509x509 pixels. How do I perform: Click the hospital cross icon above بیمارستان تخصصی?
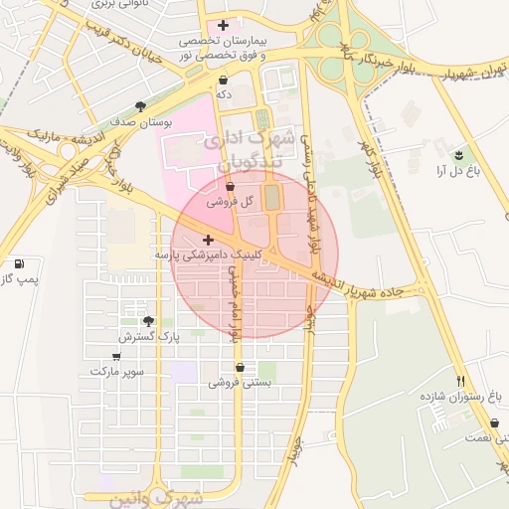click(223, 25)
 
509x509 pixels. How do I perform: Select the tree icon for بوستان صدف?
click(140, 105)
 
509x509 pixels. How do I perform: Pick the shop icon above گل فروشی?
click(231, 186)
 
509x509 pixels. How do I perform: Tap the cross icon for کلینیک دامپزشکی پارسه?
click(208, 240)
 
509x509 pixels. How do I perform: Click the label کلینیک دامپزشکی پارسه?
click(207, 255)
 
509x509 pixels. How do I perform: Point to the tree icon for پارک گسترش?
click(149, 321)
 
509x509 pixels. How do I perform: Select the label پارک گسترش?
click(150, 337)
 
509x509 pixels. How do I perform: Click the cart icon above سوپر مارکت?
click(117, 356)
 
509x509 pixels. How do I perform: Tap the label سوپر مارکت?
click(117, 371)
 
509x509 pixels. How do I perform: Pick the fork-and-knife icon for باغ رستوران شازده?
click(460, 381)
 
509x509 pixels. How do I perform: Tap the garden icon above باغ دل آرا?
click(458, 155)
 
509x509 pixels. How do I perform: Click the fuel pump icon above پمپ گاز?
click(20, 263)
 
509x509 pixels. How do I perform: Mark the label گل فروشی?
click(231, 201)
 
